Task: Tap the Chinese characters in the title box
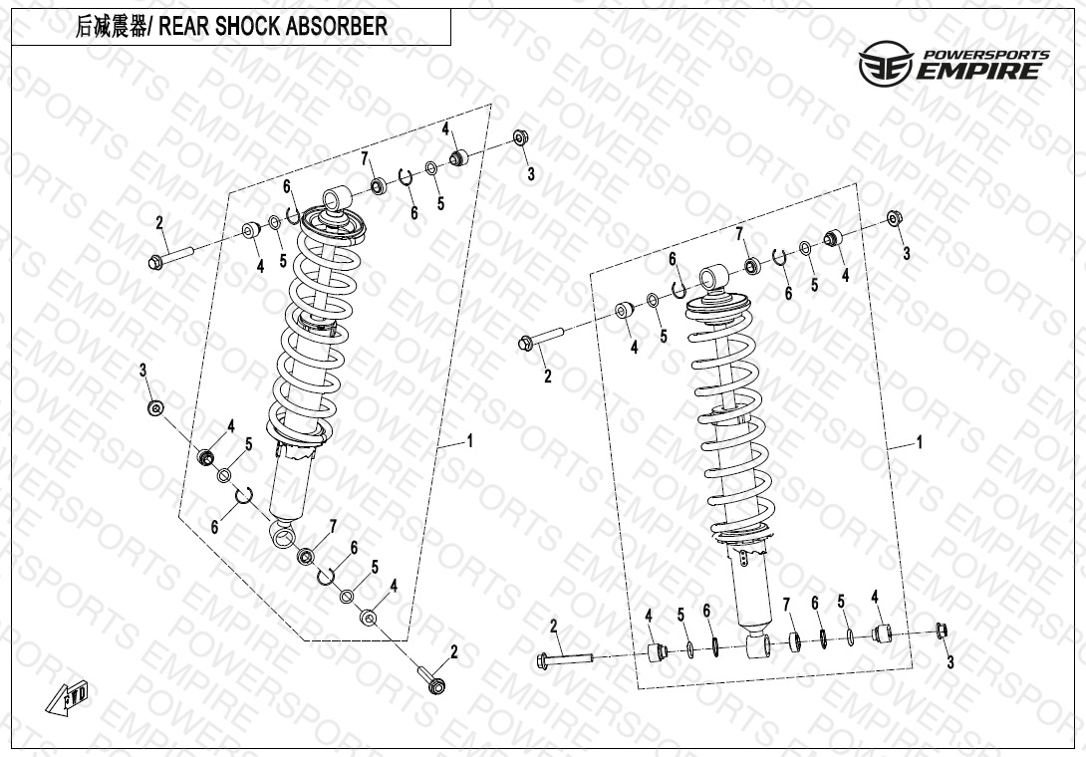pos(107,27)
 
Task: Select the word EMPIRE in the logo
pos(981,70)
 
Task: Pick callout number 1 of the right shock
pos(919,441)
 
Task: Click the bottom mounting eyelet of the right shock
pos(756,646)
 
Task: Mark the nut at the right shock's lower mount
pos(942,631)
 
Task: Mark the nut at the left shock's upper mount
pos(521,138)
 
